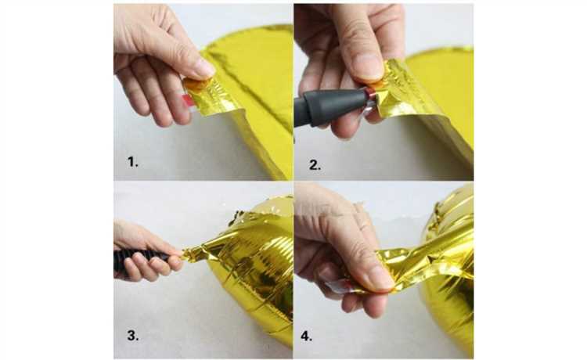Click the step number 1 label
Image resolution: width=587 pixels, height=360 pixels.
click(x=132, y=162)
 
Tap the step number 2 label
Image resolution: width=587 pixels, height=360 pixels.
click(x=315, y=165)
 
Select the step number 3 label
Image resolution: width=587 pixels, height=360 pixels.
click(x=133, y=335)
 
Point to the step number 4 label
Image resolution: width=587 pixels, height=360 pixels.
click(x=306, y=336)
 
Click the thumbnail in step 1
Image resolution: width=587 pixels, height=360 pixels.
click(x=204, y=68)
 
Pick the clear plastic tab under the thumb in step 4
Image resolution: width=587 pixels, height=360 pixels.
click(x=339, y=286)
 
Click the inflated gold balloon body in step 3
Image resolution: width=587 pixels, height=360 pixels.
click(x=254, y=277)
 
